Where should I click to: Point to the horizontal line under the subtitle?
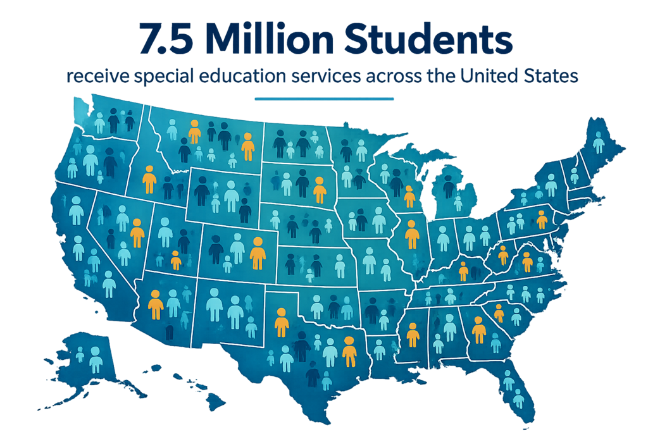point(323,99)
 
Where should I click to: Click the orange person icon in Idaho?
point(149,180)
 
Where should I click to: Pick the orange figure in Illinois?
point(412,235)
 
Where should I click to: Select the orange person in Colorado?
point(257,253)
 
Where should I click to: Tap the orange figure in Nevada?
point(137,233)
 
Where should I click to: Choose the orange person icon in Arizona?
point(155,304)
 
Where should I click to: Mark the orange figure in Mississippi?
point(413,335)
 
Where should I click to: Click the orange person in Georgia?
point(479,330)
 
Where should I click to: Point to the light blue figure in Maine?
point(599,142)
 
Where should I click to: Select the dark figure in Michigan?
point(449,186)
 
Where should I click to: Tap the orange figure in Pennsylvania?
point(542,219)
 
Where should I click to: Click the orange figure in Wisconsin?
point(409,197)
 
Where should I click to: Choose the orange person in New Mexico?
point(282,323)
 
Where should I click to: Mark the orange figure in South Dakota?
point(320,190)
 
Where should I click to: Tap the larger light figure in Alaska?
point(96,359)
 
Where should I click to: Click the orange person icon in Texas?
point(349,352)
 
